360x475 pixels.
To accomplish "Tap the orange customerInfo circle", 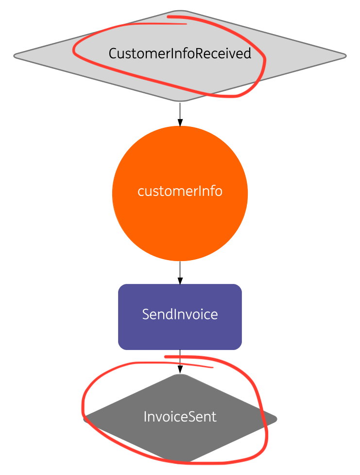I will click(x=180, y=214).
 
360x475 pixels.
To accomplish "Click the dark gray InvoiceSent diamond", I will click(x=180, y=438).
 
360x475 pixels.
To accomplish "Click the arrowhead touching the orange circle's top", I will click(x=180, y=123).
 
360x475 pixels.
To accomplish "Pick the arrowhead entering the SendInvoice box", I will click(x=180, y=281).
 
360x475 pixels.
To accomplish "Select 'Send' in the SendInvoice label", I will click(x=154, y=315).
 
